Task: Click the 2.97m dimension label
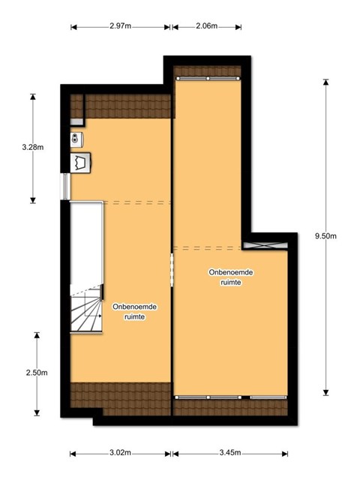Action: [x=120, y=26]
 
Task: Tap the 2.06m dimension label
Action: [x=207, y=26]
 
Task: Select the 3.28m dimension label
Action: [x=33, y=147]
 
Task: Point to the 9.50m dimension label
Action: [x=325, y=236]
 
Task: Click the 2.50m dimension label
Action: [x=37, y=373]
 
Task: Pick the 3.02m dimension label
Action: [x=120, y=453]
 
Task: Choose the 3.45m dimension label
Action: [x=230, y=453]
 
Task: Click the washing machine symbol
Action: [x=80, y=163]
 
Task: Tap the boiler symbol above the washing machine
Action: [x=76, y=139]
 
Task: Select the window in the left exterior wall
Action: [x=65, y=187]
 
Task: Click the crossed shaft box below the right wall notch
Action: [x=265, y=246]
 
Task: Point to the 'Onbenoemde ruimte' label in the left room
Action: [x=135, y=312]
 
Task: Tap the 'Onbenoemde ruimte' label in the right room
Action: [x=231, y=277]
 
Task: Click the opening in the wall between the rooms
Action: [x=172, y=270]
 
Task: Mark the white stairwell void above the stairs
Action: [x=86, y=243]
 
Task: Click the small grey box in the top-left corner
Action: [x=76, y=121]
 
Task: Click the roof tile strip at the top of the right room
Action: [x=207, y=71]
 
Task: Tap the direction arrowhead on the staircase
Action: [x=100, y=316]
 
